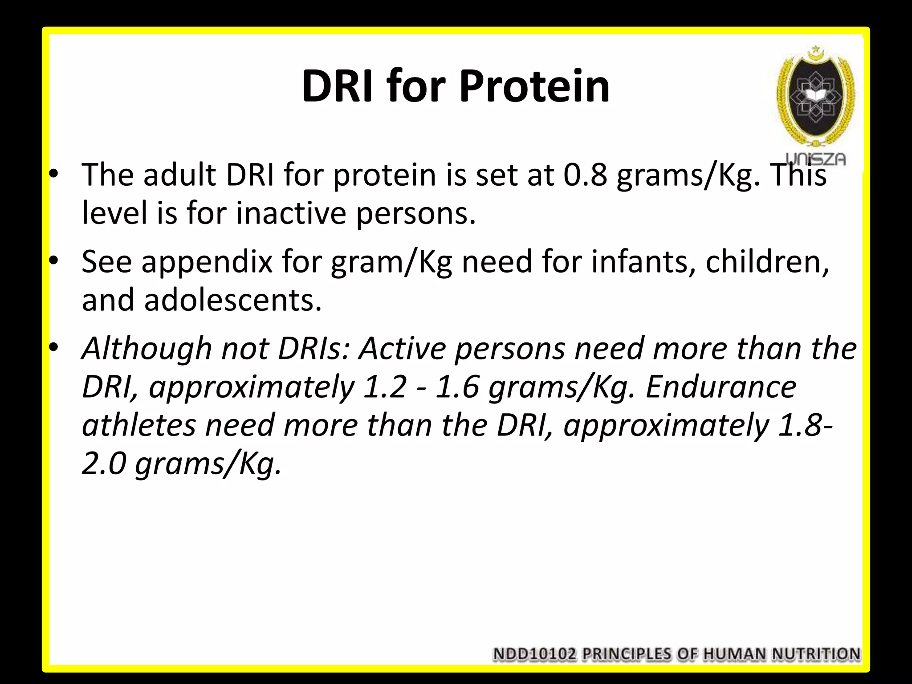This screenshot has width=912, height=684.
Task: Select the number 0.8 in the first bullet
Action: [585, 175]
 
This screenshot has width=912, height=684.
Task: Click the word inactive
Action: [291, 213]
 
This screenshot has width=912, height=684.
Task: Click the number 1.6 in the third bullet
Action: [456, 387]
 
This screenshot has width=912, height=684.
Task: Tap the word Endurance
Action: [721, 387]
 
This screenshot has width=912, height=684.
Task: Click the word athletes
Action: [138, 425]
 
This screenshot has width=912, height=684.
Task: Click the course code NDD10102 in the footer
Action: [535, 654]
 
